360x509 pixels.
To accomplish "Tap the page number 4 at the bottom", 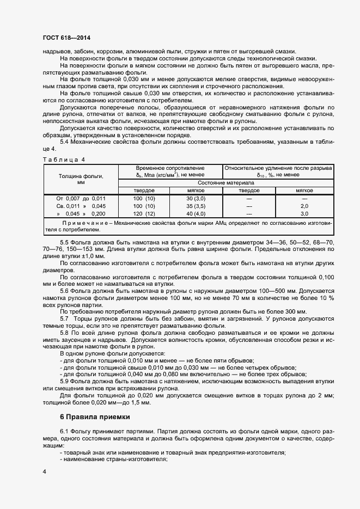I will [44, 471].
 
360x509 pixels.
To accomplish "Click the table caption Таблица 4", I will [64, 159].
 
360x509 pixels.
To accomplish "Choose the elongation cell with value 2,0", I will [304, 206].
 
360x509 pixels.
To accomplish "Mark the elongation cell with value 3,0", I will [304, 214].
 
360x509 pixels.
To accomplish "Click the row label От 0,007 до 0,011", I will [81, 199].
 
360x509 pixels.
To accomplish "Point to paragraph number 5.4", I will [64, 142].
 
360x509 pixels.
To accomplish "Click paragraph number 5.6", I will [64, 291].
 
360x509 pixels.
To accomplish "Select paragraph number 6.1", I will [64, 430].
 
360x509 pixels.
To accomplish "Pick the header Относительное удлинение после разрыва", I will [278, 168].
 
